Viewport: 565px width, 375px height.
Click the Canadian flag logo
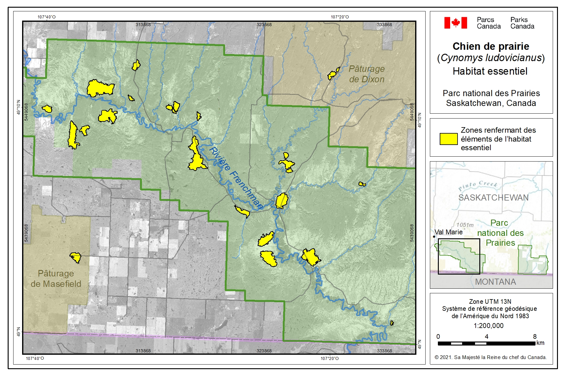[x=455, y=23]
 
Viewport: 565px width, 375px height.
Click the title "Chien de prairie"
[x=491, y=46]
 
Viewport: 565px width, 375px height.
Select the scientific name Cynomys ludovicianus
[x=491, y=58]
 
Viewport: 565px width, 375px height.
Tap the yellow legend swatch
[x=448, y=139]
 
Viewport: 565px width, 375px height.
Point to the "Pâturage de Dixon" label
[x=367, y=74]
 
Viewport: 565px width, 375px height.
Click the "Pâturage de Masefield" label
[x=56, y=279]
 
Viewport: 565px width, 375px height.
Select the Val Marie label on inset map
[x=449, y=232]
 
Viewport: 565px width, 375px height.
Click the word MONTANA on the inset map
[x=495, y=282]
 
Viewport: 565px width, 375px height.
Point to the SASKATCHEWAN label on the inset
[x=493, y=197]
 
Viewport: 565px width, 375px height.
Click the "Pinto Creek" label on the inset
[x=477, y=185]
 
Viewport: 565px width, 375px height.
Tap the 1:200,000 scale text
[x=488, y=326]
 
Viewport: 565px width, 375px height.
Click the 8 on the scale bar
[x=535, y=337]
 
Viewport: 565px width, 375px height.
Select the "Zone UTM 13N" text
[x=490, y=302]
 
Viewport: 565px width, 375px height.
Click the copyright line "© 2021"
[x=490, y=357]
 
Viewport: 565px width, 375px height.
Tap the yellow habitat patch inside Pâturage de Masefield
[x=76, y=257]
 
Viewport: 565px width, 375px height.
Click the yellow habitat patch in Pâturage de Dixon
[x=333, y=74]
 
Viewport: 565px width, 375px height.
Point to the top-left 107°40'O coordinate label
[x=47, y=17]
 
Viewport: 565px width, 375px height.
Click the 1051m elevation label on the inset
[x=465, y=225]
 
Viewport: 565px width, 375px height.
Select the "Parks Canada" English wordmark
[x=522, y=23]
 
